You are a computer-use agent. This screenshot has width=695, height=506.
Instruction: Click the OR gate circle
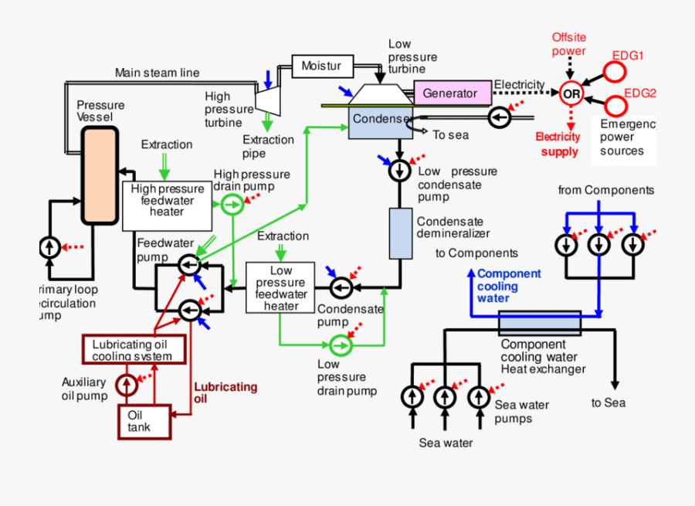tap(571, 93)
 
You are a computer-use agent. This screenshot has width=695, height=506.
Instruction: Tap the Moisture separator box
tap(322, 66)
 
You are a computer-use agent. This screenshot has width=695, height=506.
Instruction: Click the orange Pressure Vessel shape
tap(99, 175)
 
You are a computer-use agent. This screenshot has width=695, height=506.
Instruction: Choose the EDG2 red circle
tap(615, 105)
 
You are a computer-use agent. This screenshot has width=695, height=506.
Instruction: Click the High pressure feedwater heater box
tap(167, 206)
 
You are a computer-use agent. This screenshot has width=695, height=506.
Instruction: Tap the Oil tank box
tap(144, 421)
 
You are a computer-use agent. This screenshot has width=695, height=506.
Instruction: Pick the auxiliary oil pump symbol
tap(126, 383)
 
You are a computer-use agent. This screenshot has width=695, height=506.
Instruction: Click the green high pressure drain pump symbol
tap(231, 204)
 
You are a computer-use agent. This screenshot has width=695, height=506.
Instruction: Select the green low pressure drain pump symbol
tap(339, 344)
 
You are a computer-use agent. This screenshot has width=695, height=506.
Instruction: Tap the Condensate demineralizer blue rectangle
tap(401, 233)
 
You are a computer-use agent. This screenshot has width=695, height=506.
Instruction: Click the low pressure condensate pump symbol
tap(400, 170)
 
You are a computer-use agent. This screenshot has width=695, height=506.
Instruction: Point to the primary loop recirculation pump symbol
tap(50, 248)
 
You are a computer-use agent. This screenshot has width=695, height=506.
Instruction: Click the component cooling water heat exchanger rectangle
tap(539, 323)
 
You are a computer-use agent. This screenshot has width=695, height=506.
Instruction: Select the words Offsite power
tap(568, 44)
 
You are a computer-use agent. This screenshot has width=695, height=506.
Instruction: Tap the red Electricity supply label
tap(558, 144)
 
